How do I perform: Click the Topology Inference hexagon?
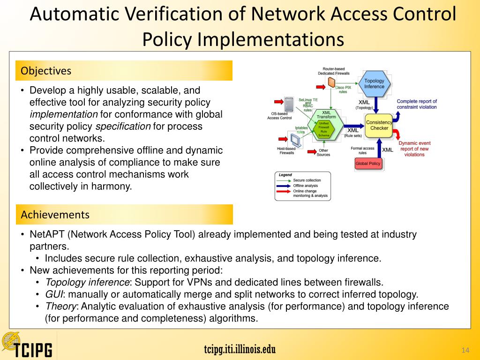coord(374,84)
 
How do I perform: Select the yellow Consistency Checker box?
coord(379,125)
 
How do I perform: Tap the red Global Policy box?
coord(368,164)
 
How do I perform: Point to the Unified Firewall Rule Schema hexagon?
coord(324,129)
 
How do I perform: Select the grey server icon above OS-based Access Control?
coord(289,104)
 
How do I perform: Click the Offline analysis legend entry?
coord(307,186)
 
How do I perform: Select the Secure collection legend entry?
coord(307,180)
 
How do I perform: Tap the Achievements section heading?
coord(55,215)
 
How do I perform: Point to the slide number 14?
coord(465,351)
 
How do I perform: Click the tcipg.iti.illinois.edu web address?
coord(240,349)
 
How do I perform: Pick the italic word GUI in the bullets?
coord(53,294)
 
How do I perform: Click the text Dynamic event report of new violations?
coord(414,149)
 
